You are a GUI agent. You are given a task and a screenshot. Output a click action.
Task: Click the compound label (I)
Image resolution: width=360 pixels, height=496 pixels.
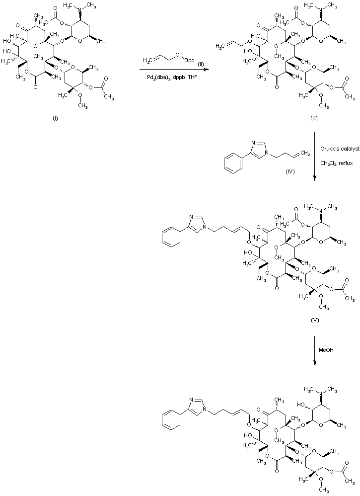click(56, 118)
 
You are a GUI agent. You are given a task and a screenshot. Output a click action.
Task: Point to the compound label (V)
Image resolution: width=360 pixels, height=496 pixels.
click(315, 320)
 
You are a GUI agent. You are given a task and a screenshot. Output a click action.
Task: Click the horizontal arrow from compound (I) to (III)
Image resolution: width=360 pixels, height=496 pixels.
click(171, 70)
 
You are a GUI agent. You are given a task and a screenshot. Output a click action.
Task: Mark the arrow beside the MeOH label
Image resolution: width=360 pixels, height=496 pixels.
click(315, 350)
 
